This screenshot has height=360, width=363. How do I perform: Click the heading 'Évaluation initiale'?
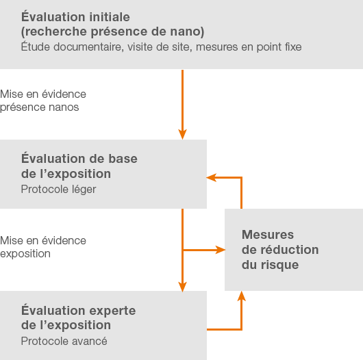(x=75, y=16)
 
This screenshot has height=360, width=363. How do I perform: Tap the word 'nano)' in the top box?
(x=187, y=31)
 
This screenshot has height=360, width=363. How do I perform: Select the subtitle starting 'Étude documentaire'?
(x=161, y=47)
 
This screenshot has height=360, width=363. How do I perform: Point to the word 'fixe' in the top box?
(x=293, y=47)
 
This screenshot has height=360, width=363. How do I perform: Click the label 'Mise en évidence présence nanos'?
(x=43, y=101)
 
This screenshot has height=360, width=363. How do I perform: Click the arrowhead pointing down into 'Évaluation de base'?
(x=182, y=134)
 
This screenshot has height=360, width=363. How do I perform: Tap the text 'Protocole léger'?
(x=59, y=190)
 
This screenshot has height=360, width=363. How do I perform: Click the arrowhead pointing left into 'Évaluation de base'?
(x=211, y=178)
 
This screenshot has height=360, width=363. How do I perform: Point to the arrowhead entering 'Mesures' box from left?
(x=220, y=250)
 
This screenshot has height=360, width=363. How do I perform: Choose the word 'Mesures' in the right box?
(x=268, y=235)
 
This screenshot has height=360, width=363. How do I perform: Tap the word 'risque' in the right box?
(x=279, y=265)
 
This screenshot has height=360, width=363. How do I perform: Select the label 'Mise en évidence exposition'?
(x=43, y=247)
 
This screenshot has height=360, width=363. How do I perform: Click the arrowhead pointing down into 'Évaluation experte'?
(x=182, y=287)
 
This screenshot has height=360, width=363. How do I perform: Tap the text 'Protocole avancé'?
(x=64, y=341)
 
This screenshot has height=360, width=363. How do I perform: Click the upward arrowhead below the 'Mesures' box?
(x=242, y=296)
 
